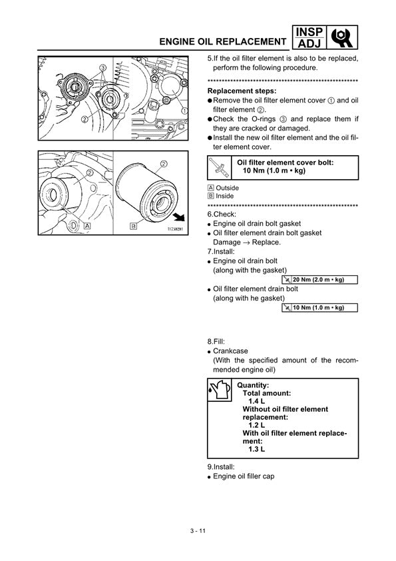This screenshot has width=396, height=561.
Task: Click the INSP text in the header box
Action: click(x=309, y=32)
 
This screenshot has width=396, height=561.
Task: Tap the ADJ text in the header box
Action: click(x=309, y=44)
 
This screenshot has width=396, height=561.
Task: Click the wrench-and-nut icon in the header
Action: click(x=342, y=37)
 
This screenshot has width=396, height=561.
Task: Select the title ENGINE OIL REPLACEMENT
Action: click(x=223, y=42)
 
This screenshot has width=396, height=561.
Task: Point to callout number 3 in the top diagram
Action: click(x=103, y=67)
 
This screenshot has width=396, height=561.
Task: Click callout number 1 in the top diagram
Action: click(x=184, y=111)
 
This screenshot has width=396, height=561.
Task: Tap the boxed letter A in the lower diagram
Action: click(x=87, y=226)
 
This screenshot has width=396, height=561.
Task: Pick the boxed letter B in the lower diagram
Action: click(x=133, y=226)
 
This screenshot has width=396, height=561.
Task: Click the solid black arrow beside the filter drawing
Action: click(x=179, y=217)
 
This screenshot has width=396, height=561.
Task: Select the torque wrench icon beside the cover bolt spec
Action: click(x=219, y=167)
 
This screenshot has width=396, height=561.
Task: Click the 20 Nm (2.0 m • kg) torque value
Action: click(x=318, y=279)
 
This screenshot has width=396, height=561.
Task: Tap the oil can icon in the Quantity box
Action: click(x=219, y=390)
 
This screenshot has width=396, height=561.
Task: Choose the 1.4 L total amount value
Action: click(x=257, y=401)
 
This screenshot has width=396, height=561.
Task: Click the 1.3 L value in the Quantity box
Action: click(x=257, y=449)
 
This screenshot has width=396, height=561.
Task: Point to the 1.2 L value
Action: click(x=257, y=425)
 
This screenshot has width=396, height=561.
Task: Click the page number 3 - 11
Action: click(x=198, y=531)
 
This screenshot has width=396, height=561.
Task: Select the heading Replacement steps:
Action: click(x=242, y=91)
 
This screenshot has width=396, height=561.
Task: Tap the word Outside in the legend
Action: click(x=228, y=188)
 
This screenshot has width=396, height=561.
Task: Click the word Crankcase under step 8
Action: click(x=230, y=351)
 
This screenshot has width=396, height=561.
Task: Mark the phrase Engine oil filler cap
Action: click(x=244, y=476)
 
